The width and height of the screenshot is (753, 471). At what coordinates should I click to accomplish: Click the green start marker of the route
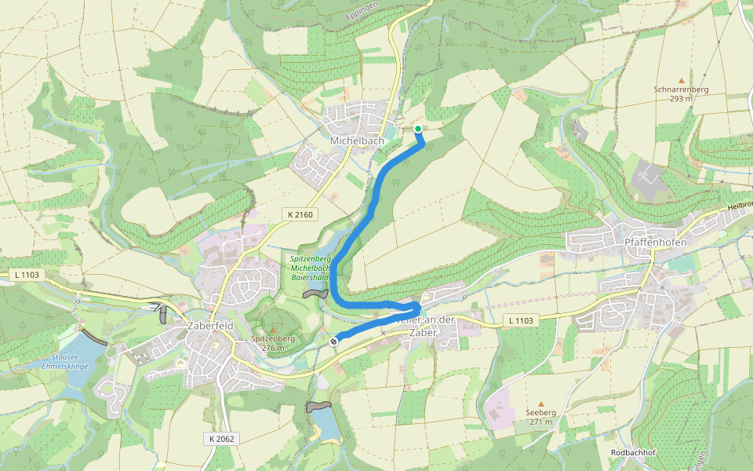coord(418,129)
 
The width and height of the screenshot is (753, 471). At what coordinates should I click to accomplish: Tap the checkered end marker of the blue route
coord(334,341)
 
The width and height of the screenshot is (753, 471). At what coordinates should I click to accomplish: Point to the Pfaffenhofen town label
coord(655,243)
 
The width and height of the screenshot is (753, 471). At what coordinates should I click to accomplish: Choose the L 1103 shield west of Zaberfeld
coord(27,276)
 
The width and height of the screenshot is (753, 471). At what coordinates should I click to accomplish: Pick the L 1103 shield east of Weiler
coord(521,320)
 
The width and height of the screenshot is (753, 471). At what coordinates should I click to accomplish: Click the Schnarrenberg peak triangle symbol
coord(681,81)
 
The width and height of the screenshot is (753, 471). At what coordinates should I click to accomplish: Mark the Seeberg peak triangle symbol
coord(540,403)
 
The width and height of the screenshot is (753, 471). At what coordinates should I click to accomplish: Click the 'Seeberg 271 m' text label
coord(540,417)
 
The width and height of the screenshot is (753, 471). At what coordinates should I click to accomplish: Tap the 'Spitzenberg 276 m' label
coord(272,342)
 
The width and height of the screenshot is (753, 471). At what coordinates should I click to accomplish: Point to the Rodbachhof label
coord(633,454)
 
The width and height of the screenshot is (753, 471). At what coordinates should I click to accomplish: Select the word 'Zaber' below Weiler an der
coord(422,332)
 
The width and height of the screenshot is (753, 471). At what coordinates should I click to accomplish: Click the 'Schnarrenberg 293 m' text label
coord(681,94)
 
